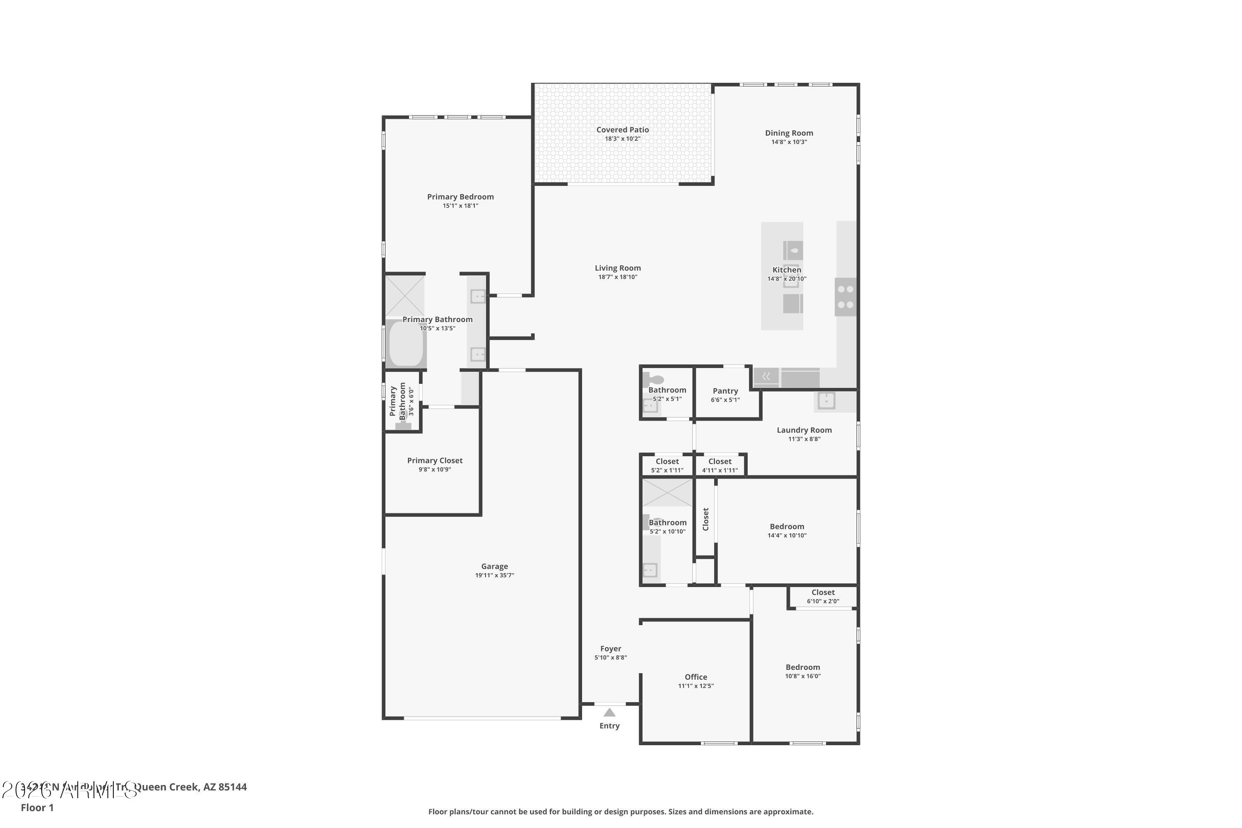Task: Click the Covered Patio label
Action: pos(622,129)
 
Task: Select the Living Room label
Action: pos(617,268)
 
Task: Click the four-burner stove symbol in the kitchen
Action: pos(845,297)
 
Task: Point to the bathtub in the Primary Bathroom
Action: pos(406,343)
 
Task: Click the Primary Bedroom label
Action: pos(460,196)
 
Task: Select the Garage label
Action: pos(494,566)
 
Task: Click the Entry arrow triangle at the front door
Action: pos(609,712)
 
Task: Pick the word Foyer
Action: pos(610,648)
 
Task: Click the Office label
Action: pos(696,676)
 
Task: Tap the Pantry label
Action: pos(725,391)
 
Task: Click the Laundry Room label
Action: pos(804,430)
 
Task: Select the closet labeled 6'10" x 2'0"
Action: pos(823,596)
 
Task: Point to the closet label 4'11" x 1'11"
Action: pos(720,465)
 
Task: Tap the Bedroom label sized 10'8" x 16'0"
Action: pos(802,667)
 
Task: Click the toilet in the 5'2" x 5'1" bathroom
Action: pos(655,379)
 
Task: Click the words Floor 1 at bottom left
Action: pos(37,807)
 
